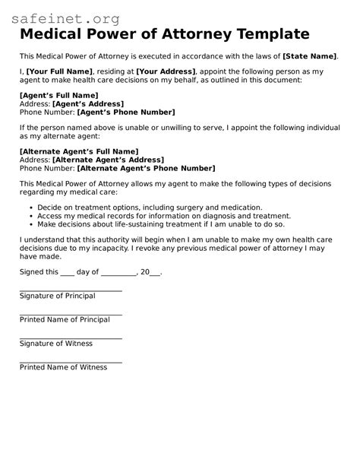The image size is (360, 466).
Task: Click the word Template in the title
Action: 264,33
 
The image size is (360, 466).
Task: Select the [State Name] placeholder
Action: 309,56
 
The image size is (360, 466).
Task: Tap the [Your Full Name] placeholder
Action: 59,71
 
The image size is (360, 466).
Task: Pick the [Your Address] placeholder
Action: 166,71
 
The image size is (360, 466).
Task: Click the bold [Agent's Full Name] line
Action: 58,95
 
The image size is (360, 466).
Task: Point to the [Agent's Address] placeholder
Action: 88,103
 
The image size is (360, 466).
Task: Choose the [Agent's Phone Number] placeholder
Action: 125,111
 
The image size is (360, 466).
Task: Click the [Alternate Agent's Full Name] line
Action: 78,151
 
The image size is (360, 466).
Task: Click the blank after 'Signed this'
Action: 67,272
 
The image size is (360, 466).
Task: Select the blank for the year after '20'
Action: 155,272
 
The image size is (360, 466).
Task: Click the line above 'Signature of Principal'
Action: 71,290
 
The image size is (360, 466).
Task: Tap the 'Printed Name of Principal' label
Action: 65,319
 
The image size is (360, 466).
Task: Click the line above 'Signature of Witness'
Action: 71,338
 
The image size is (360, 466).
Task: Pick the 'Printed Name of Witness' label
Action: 63,367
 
